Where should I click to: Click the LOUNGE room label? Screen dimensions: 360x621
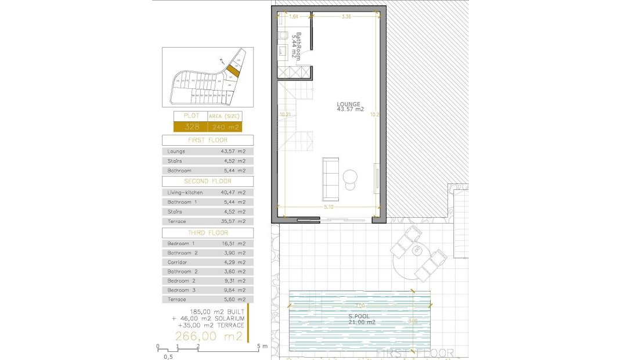tap(349, 107)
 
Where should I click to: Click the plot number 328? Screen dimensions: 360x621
tap(192, 127)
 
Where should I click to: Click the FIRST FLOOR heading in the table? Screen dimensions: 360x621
tap(208, 140)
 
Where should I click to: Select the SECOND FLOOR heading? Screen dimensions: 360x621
tap(208, 181)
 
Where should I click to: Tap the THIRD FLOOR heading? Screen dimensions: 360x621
tap(208, 233)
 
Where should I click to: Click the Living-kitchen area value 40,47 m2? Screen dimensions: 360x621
tap(233, 192)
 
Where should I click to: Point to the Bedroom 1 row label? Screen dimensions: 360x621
tap(181, 243)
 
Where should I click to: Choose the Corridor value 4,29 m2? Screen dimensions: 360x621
tap(233, 262)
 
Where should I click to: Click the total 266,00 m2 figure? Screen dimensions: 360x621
tap(209, 337)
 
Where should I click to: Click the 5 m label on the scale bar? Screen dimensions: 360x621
tap(262, 347)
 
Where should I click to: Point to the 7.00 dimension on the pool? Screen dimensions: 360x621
tap(360, 306)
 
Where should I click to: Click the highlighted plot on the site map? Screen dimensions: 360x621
tap(232, 71)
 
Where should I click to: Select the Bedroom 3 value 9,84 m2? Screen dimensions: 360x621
tap(233, 290)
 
